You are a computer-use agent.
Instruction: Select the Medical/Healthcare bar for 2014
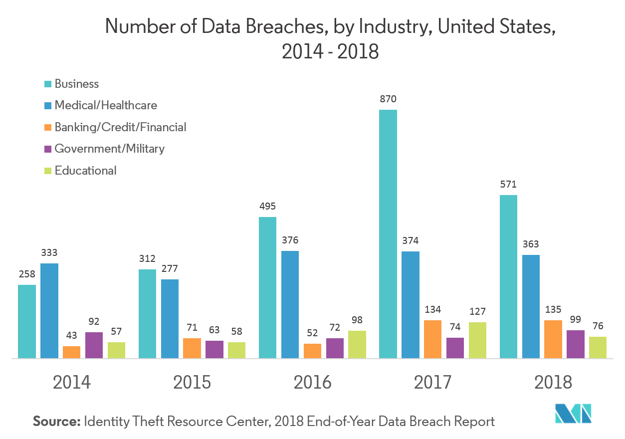click(49, 310)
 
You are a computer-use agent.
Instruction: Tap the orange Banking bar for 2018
click(553, 339)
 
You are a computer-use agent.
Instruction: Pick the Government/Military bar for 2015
click(214, 349)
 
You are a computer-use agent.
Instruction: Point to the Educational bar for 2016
click(357, 344)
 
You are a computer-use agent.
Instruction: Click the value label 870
click(388, 99)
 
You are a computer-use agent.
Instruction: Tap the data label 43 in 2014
click(71, 336)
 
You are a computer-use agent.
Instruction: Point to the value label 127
click(477, 312)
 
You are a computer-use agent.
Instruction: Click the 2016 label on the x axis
click(312, 383)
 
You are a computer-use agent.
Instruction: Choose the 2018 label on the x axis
click(553, 383)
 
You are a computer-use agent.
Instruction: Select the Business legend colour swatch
click(48, 84)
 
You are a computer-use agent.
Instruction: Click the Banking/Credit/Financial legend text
click(120, 127)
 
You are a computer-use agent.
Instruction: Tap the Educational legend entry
click(85, 171)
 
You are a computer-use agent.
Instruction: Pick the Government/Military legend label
click(109, 149)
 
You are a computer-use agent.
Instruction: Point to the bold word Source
click(56, 422)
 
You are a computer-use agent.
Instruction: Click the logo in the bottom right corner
click(573, 413)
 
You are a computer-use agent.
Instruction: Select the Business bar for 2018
click(508, 276)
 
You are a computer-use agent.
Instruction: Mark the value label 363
click(531, 244)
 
